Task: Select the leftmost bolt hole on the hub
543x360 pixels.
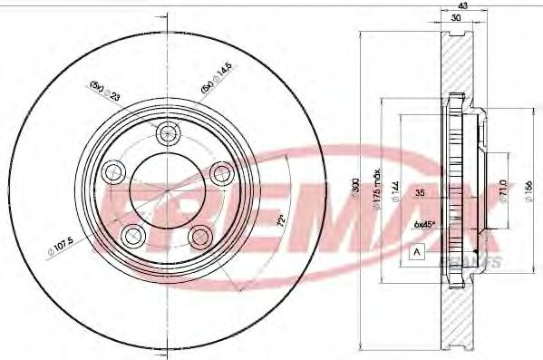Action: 113,170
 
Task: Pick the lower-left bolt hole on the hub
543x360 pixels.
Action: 132,235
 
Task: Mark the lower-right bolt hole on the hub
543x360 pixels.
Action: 200,237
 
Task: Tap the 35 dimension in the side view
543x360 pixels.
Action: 419,193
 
